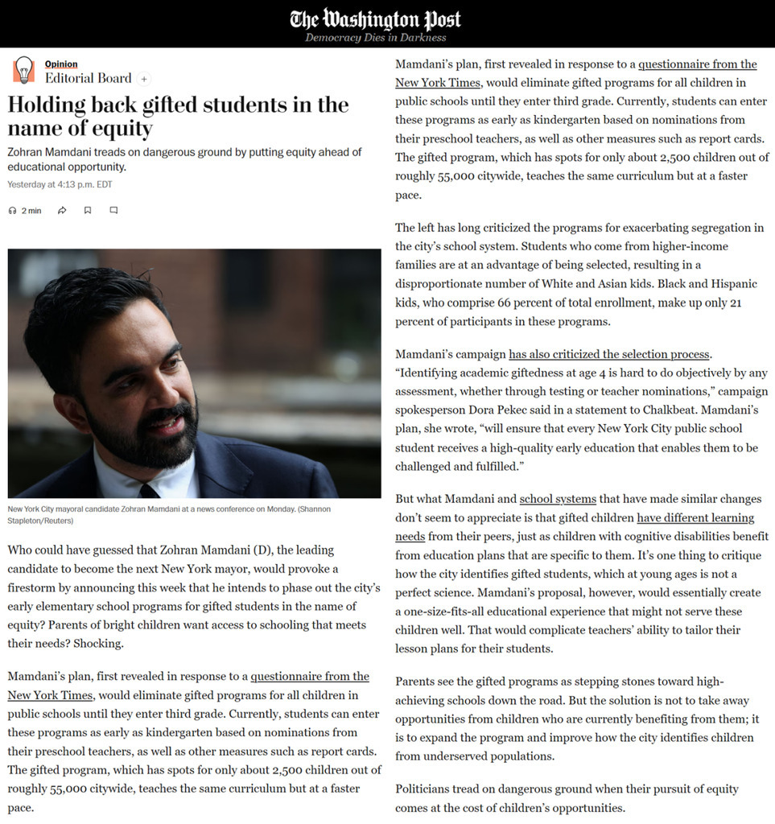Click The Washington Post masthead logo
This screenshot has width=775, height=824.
375,19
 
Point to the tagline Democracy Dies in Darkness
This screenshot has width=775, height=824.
375,38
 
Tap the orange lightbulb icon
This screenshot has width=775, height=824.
23,70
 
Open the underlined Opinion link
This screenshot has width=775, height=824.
61,64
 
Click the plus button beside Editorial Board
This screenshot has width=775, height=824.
144,79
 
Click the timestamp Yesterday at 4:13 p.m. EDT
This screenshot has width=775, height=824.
60,184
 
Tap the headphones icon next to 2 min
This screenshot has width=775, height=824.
12,211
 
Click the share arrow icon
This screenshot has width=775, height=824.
62,211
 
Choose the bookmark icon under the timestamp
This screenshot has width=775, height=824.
88,211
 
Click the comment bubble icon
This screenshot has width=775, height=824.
113,211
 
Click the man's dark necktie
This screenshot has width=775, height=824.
149,489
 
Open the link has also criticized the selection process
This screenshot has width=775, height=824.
609,354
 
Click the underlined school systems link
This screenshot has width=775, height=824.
551,500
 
